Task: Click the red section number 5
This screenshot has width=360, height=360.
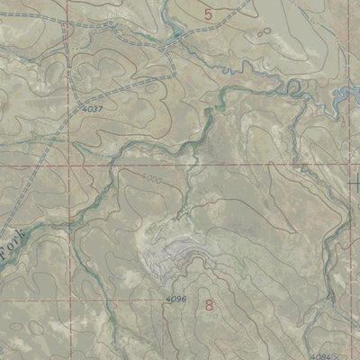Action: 210,13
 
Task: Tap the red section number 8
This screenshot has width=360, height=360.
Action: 211,306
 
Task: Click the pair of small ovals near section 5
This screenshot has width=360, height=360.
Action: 264,31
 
